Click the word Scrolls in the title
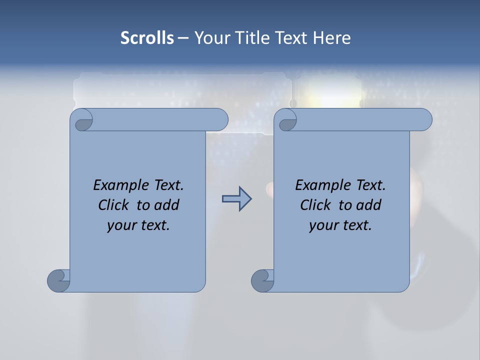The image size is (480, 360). click(147, 38)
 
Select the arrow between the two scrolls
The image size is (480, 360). click(236, 198)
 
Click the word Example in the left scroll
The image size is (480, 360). click(118, 185)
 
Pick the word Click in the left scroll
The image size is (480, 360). click(114, 205)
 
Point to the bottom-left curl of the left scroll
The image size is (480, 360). click(58, 280)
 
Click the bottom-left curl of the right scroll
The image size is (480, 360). click(262, 280)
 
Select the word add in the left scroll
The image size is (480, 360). click(166, 205)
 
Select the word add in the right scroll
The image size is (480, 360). click(368, 205)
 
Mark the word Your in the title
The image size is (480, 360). click(211, 38)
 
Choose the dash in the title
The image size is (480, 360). click(183, 38)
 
